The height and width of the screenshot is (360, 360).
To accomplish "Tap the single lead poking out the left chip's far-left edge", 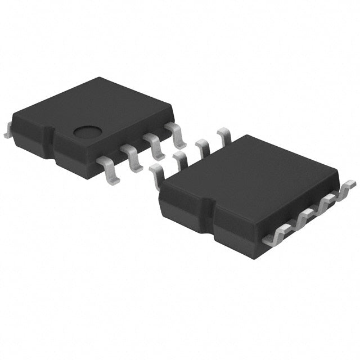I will tap(7, 131).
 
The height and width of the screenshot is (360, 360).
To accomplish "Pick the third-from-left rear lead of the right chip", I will tap(202, 148).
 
